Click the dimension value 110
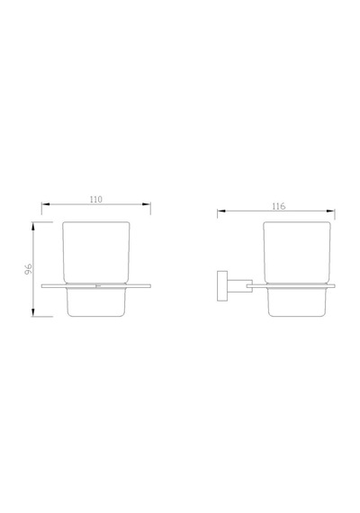tap(96, 199)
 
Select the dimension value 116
tap(278, 206)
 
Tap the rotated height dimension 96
tap(29, 268)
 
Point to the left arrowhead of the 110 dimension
tap(46, 204)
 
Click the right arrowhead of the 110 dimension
tap(147, 204)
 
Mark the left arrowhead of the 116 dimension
tap(221, 211)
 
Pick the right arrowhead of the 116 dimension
tap(330, 211)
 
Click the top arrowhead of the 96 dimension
tap(33, 226)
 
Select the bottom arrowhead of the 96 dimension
tap(33, 312)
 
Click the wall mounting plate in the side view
tap(222, 286)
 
